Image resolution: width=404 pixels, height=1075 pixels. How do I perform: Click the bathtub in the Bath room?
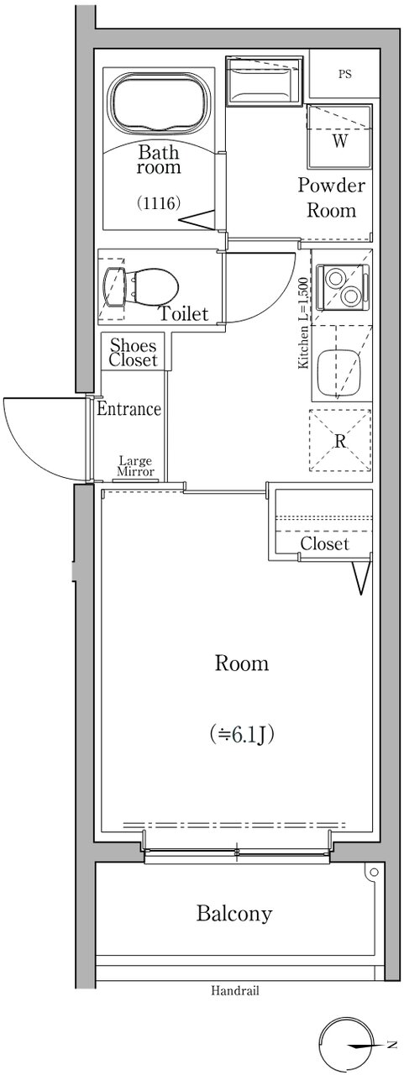pos(159,102)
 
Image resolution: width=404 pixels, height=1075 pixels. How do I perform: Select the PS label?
pos(344,75)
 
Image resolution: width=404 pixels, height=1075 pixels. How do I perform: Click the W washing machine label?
pos(339,141)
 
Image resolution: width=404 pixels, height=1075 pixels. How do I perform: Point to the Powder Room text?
pos(332,197)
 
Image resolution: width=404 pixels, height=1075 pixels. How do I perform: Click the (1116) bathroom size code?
pos(159,203)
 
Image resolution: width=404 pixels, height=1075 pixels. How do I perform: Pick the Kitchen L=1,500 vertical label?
pos(304,323)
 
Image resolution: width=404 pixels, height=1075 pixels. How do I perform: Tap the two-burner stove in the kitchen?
pos(342,286)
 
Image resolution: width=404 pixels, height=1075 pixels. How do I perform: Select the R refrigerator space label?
pos(340,441)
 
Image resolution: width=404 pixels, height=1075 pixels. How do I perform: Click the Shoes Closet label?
pos(133,352)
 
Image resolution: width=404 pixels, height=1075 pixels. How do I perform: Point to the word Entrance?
pos(129,409)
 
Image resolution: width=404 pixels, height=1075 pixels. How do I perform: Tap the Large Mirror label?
pos(136,466)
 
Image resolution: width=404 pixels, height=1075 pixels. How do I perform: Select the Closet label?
pos(324,543)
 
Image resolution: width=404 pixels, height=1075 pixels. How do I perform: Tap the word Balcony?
pos(234,913)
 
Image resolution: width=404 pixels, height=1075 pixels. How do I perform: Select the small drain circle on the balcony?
pos(375,872)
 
